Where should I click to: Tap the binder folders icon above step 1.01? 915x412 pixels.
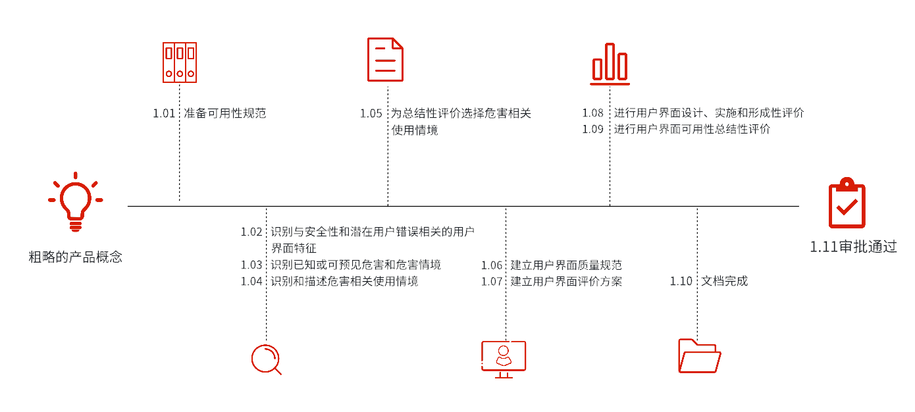pos(180,63)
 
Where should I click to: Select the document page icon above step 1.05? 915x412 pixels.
pos(385,60)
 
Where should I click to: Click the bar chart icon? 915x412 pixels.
pos(610,64)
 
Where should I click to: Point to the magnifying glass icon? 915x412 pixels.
pos(252,359)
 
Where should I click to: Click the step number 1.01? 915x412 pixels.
pos(164,113)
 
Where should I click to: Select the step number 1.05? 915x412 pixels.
pos(371,113)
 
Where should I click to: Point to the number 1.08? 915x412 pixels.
pos(592,113)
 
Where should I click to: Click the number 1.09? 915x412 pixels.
pos(592,129)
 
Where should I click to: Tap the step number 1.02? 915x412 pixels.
pos(251,232)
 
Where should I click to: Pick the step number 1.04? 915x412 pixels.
pos(251,281)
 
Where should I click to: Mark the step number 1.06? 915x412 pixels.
pos(492,265)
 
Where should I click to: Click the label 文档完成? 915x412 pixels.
pos(725,281)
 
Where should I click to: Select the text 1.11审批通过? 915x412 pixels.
pos(853,247)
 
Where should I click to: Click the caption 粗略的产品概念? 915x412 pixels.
pos(76,257)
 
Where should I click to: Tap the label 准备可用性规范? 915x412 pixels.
pos(225,113)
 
